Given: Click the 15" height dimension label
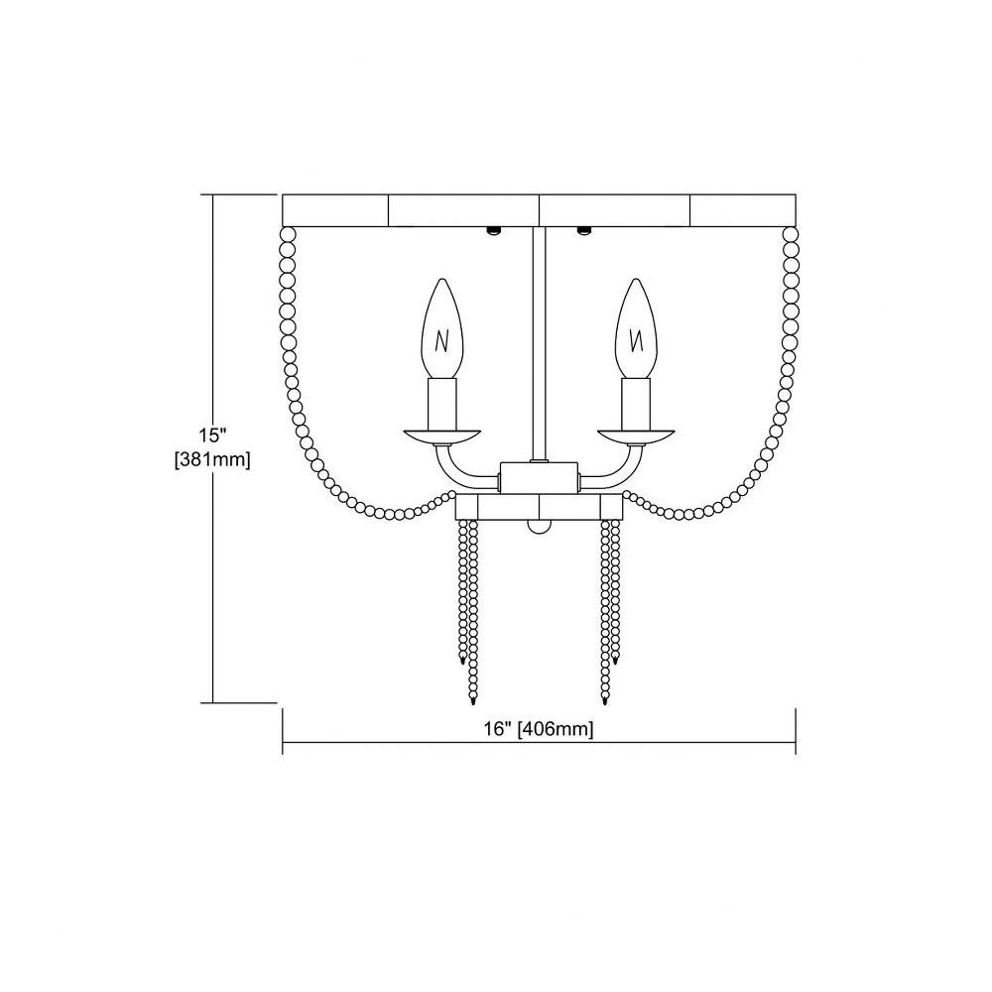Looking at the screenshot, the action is point(212,435).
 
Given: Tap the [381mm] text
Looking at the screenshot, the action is point(212,460).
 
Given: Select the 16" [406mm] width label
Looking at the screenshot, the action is point(539,729).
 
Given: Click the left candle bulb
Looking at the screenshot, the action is point(442,328).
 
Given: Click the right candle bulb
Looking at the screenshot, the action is point(637,328).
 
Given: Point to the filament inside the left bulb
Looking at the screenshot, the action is point(441,342).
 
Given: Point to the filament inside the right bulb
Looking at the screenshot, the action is point(638,342).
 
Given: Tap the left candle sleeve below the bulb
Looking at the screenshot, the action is point(442,404).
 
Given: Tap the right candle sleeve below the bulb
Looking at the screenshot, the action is point(637,404).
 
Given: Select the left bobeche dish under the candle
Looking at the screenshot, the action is point(442,437).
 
